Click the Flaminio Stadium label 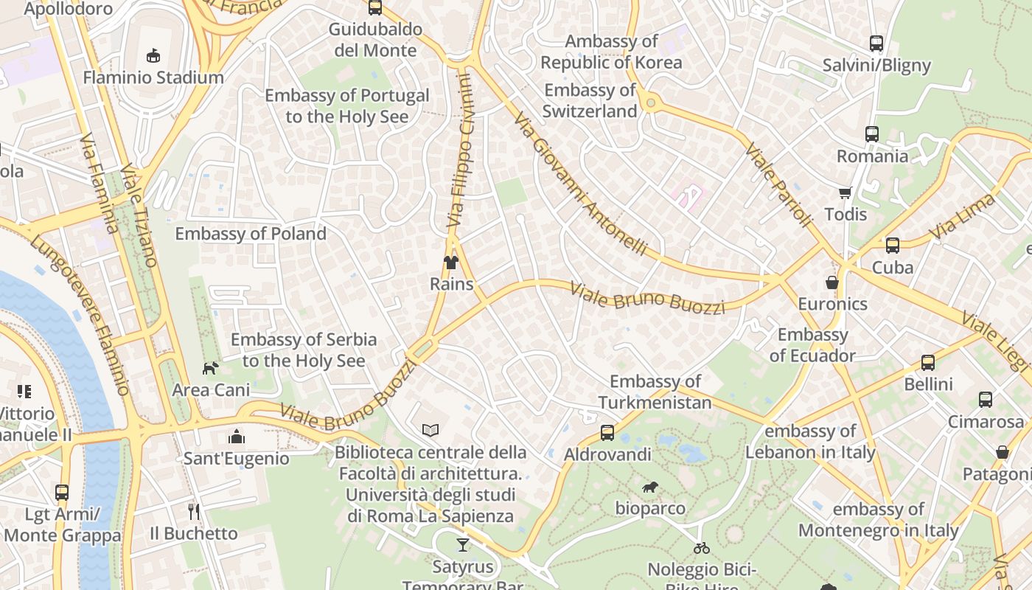(x=153, y=77)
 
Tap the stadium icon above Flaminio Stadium (x=153, y=55)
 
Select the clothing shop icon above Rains (x=451, y=263)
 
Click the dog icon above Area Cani (x=211, y=367)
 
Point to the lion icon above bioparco (x=650, y=487)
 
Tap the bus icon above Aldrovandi (x=607, y=433)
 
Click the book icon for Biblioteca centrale (x=430, y=430)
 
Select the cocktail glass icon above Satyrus (x=462, y=545)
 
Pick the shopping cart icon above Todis (x=845, y=193)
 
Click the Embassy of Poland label (x=251, y=234)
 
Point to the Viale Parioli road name (x=778, y=184)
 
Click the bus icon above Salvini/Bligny (x=876, y=44)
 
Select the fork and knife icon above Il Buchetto (x=194, y=511)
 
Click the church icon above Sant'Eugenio (x=236, y=437)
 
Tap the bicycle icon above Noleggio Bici (x=702, y=548)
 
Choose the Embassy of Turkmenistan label (x=655, y=392)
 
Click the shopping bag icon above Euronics (x=832, y=282)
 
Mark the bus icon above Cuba (x=893, y=246)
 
